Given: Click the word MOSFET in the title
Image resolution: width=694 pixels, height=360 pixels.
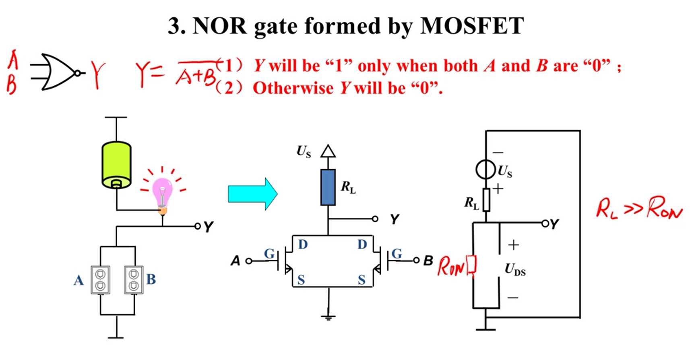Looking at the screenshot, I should coord(471,26).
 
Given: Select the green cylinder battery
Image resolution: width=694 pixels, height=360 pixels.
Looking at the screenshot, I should coord(116,165).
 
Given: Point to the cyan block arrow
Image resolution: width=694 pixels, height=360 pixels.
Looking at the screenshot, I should coord(252,194).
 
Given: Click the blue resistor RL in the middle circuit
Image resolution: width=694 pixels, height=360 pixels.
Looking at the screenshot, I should coord(328,187).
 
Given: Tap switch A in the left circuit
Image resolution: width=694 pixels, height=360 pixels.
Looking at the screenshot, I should coord(100,279).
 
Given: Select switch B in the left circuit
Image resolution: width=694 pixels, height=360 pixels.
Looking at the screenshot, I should coord(134,279).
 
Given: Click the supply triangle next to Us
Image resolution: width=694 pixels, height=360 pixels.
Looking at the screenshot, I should coord(328,151).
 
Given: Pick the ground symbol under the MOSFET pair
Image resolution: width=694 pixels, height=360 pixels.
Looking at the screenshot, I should coord(328,317).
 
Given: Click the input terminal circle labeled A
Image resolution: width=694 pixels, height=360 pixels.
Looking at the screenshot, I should coord(248,261).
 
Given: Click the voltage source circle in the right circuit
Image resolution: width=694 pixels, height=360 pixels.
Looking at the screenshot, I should coord(486,170).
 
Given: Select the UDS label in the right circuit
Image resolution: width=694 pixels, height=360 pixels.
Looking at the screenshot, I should coord(515,269).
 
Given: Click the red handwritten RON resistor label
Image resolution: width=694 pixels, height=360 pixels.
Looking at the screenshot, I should coord(451,267).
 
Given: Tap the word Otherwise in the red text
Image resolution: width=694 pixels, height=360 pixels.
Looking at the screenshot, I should coord(292,89).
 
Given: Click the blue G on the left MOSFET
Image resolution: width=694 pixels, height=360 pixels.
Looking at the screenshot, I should coord(269,254).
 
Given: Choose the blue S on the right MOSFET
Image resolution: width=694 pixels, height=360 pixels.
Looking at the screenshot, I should coord(361,280).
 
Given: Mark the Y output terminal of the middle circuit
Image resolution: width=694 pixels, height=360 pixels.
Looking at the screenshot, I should coord(375,219).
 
